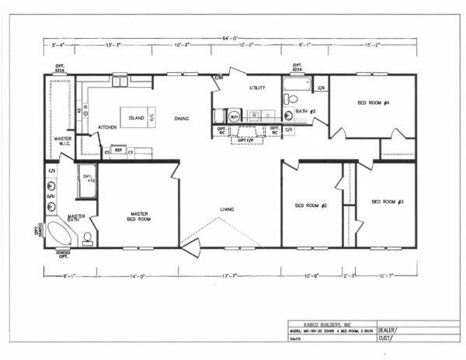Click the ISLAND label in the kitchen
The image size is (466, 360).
pos(136,118)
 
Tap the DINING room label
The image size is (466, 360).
pos(181,118)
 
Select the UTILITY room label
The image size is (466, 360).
pos(258,88)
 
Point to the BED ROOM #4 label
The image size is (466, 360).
pos(373,102)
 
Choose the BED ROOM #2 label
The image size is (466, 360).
pos(310,206)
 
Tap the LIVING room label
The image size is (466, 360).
pos(227,209)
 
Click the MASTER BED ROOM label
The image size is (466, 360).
pos(137,217)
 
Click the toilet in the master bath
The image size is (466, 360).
pos(88,237)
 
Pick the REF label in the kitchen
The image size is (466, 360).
pos(119,149)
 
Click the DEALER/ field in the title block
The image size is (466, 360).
pos(388,328)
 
